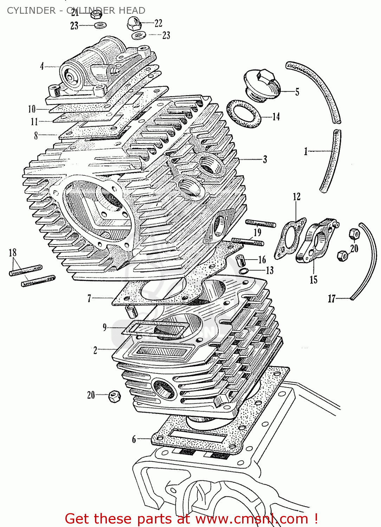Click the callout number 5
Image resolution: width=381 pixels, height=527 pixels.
297,92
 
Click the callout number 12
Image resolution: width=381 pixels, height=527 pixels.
297,197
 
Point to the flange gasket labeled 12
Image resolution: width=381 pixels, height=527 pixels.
290,239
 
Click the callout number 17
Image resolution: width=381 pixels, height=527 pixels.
332,299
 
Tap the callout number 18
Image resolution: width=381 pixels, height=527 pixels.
13,253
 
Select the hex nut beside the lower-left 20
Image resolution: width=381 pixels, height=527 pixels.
114,396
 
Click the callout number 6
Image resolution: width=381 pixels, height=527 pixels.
134,439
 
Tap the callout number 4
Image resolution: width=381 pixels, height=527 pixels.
42,66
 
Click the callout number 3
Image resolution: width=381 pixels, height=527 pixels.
265,160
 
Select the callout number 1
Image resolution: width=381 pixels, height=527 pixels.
306,151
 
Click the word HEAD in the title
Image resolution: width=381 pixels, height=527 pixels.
132,11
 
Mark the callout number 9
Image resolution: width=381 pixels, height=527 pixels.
104,327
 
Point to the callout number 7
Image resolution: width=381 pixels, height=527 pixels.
89,299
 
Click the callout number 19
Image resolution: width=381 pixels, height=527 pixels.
258,232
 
